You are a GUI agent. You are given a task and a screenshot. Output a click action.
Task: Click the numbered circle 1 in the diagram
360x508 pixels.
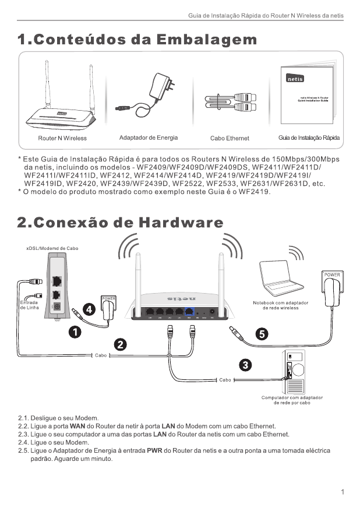tap(75, 331)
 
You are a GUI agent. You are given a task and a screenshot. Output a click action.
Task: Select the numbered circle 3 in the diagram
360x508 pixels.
tap(246, 365)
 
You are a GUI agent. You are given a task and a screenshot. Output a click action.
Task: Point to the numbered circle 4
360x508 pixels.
tap(88, 309)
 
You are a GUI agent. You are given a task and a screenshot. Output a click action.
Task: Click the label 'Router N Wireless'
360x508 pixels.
tap(62, 138)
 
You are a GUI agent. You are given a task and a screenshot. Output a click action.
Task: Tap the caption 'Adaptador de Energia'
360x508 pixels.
tap(149, 137)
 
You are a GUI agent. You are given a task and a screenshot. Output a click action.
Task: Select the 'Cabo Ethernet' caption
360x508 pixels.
tap(230, 138)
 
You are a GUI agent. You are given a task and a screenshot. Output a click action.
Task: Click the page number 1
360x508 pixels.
tap(343, 492)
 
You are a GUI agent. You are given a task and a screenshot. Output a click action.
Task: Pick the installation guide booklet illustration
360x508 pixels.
tap(306, 96)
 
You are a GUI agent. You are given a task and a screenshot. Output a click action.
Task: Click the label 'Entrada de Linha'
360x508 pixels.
tap(29, 305)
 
